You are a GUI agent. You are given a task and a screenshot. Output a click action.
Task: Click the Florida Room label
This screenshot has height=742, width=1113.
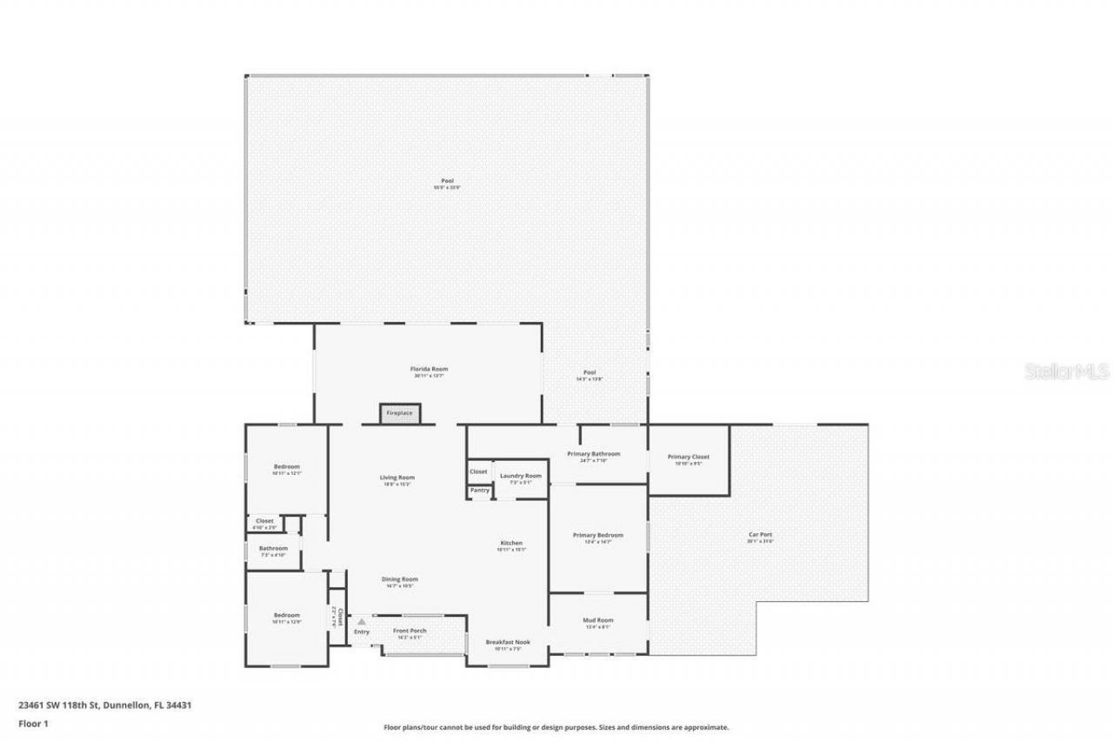point(429,369)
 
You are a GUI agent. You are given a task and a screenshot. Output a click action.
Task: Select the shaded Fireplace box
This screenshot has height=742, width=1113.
point(400,413)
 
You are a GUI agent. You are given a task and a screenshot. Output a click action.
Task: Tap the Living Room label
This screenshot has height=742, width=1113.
point(397,478)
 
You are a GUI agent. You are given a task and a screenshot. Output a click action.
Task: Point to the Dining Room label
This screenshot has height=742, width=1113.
point(400,579)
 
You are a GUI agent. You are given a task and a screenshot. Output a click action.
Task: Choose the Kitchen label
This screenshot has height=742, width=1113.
point(510,543)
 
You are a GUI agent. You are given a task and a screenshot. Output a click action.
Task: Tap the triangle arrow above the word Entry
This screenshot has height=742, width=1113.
point(361,622)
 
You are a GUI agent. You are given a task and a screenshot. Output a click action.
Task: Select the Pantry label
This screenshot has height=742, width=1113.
point(479,491)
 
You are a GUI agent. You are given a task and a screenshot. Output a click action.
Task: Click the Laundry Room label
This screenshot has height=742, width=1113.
point(520,476)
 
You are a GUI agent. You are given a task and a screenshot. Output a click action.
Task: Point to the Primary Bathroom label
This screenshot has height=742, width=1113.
point(593,454)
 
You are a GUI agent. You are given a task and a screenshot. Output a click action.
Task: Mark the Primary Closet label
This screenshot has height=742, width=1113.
point(688,457)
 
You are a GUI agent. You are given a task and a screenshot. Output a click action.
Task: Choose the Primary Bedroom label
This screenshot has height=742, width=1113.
point(597,535)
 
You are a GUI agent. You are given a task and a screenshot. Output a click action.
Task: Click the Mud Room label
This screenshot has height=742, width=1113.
point(597,620)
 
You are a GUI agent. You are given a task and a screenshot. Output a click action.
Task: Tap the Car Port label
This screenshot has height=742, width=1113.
point(760,534)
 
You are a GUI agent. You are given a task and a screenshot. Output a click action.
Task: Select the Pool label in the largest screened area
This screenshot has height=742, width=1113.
point(447,181)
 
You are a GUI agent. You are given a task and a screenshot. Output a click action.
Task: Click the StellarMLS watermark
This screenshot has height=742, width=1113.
point(1067,371)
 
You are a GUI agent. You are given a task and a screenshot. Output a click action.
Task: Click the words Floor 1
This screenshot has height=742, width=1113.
point(33,724)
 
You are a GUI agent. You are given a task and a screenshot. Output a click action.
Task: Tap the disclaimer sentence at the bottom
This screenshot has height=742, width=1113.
point(556,727)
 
